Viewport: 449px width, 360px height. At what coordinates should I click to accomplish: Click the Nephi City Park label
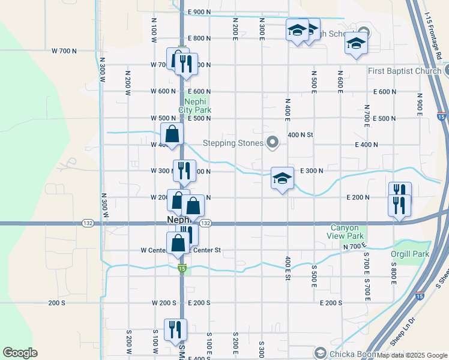pyautogui.click(x=195, y=106)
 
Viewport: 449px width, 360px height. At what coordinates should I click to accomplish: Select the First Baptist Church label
pyautogui.click(x=405, y=71)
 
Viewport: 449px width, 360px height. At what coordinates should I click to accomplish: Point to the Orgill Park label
pyautogui.click(x=411, y=253)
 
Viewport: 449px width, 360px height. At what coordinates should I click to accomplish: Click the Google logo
pyautogui.click(x=19, y=353)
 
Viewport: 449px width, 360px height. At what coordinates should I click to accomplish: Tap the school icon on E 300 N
pyautogui.click(x=282, y=178)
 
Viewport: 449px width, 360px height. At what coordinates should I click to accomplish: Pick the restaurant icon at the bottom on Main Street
pyautogui.click(x=176, y=329)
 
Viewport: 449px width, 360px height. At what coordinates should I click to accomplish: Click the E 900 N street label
pyautogui.click(x=199, y=11)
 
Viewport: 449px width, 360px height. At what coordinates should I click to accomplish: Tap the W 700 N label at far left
pyautogui.click(x=64, y=51)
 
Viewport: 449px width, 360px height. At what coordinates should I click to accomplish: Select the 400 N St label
pyautogui.click(x=301, y=135)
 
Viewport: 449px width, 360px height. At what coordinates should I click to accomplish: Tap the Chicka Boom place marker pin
pyautogui.click(x=319, y=353)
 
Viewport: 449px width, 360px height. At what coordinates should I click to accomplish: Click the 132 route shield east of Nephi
pyautogui.click(x=205, y=223)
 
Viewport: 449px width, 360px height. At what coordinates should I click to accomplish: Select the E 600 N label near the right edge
pyautogui.click(x=385, y=92)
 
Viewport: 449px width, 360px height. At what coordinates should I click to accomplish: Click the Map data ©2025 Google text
pyautogui.click(x=411, y=355)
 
